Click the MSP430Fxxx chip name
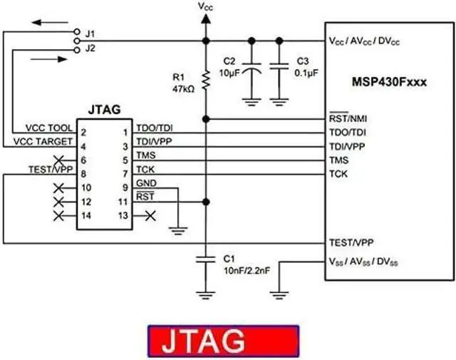389,83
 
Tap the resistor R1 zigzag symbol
205,80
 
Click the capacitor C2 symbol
250,70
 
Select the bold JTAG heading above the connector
104,110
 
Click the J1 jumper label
90,34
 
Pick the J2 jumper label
90,48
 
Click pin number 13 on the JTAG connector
123,215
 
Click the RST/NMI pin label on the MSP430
348,118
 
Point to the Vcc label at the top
205,7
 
